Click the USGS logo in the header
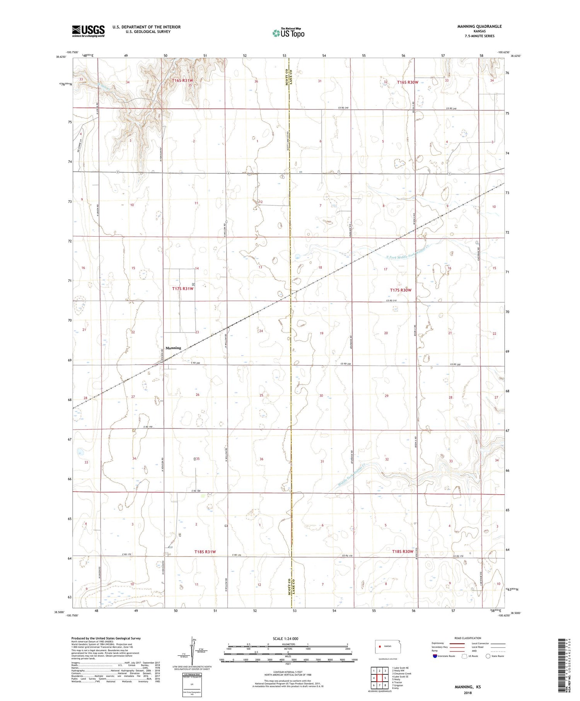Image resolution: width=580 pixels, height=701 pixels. [x=88, y=31]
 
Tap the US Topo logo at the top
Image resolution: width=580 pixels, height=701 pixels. [x=288, y=33]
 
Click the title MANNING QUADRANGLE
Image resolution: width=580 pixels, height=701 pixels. [x=479, y=26]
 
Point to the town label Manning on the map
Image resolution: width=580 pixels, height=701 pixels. [x=173, y=348]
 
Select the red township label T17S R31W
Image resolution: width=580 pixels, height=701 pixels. [x=183, y=288]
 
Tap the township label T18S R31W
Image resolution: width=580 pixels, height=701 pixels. [x=205, y=552]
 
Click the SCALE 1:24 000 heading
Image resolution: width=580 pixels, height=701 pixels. [x=285, y=638]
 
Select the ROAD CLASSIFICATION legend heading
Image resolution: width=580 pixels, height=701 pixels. [x=468, y=638]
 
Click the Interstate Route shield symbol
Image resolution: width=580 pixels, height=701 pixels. [x=435, y=656]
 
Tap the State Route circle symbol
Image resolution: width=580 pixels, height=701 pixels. [x=488, y=656]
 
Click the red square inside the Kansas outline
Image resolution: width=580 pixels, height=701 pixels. [x=380, y=646]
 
